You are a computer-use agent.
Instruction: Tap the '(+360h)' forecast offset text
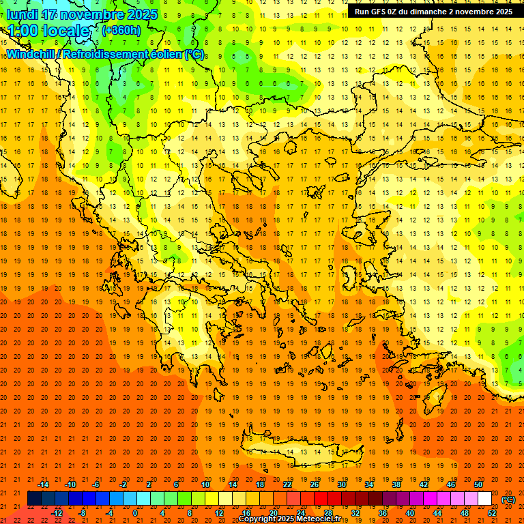pos(121,30)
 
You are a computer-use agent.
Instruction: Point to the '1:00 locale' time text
pos(48,31)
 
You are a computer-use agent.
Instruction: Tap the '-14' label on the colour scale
pos(43,484)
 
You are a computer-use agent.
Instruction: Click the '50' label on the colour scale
pos(478,484)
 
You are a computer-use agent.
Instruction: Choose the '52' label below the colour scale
pos(492,512)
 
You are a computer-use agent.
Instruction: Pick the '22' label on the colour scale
pos(287,484)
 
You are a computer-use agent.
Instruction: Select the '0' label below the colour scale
pos(135,512)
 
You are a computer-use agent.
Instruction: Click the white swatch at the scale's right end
pos(485,499)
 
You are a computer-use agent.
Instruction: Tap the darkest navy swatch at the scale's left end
pos(34,499)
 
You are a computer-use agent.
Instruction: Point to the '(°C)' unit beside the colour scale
pos(508,499)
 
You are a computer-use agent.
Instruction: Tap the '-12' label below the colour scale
pos(57,512)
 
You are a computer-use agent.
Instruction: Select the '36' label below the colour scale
pos(383,512)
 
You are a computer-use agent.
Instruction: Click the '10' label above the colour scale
pos(205,484)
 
